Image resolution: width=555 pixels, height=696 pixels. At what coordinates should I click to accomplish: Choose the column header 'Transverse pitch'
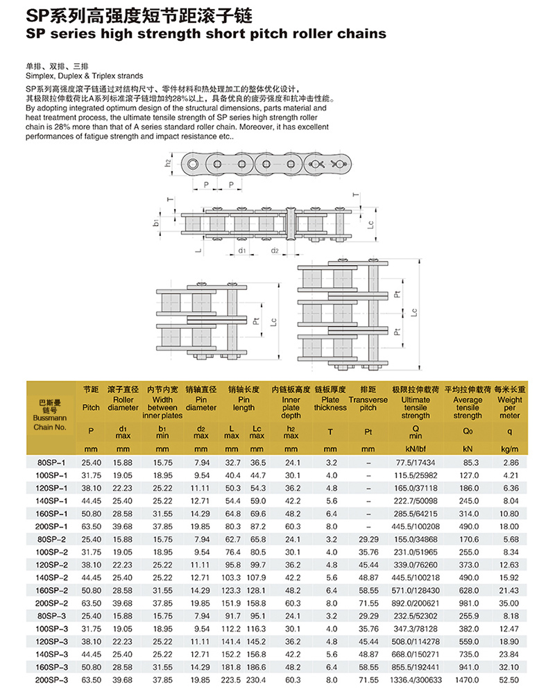368,404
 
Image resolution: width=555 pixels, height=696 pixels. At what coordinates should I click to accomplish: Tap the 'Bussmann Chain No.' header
49,414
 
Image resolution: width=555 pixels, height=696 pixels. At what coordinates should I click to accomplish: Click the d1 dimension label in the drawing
242,251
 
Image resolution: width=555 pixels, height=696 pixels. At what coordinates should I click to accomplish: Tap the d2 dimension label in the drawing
275,251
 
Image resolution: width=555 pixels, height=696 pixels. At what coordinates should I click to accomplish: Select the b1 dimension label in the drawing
157,222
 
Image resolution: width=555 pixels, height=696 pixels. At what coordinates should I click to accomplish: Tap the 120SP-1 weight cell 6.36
510,488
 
